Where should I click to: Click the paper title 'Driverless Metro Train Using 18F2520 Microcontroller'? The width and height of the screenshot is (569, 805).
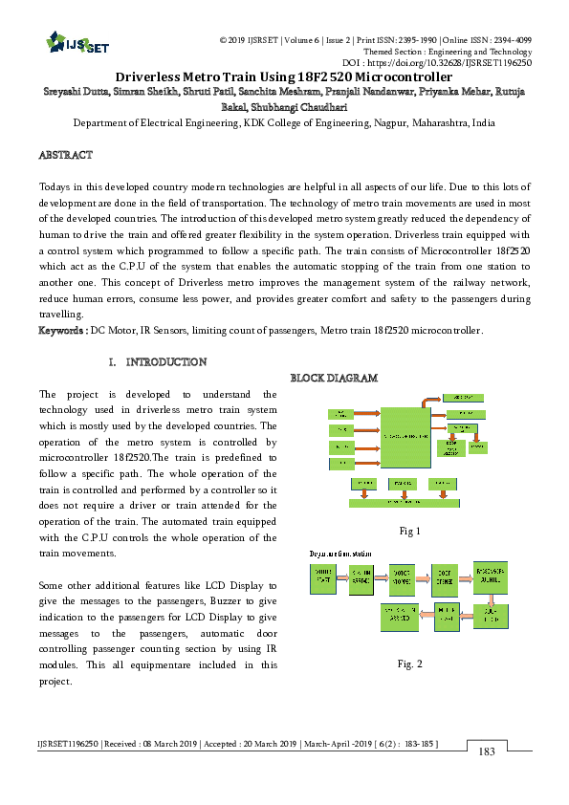284,76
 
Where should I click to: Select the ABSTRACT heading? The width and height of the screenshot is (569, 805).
65,155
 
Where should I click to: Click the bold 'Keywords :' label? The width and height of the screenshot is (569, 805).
62,330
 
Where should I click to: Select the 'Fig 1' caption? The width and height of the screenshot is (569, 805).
411,532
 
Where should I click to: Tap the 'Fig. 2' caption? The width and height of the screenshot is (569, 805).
412,663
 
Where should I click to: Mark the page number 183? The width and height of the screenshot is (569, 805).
487,752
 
